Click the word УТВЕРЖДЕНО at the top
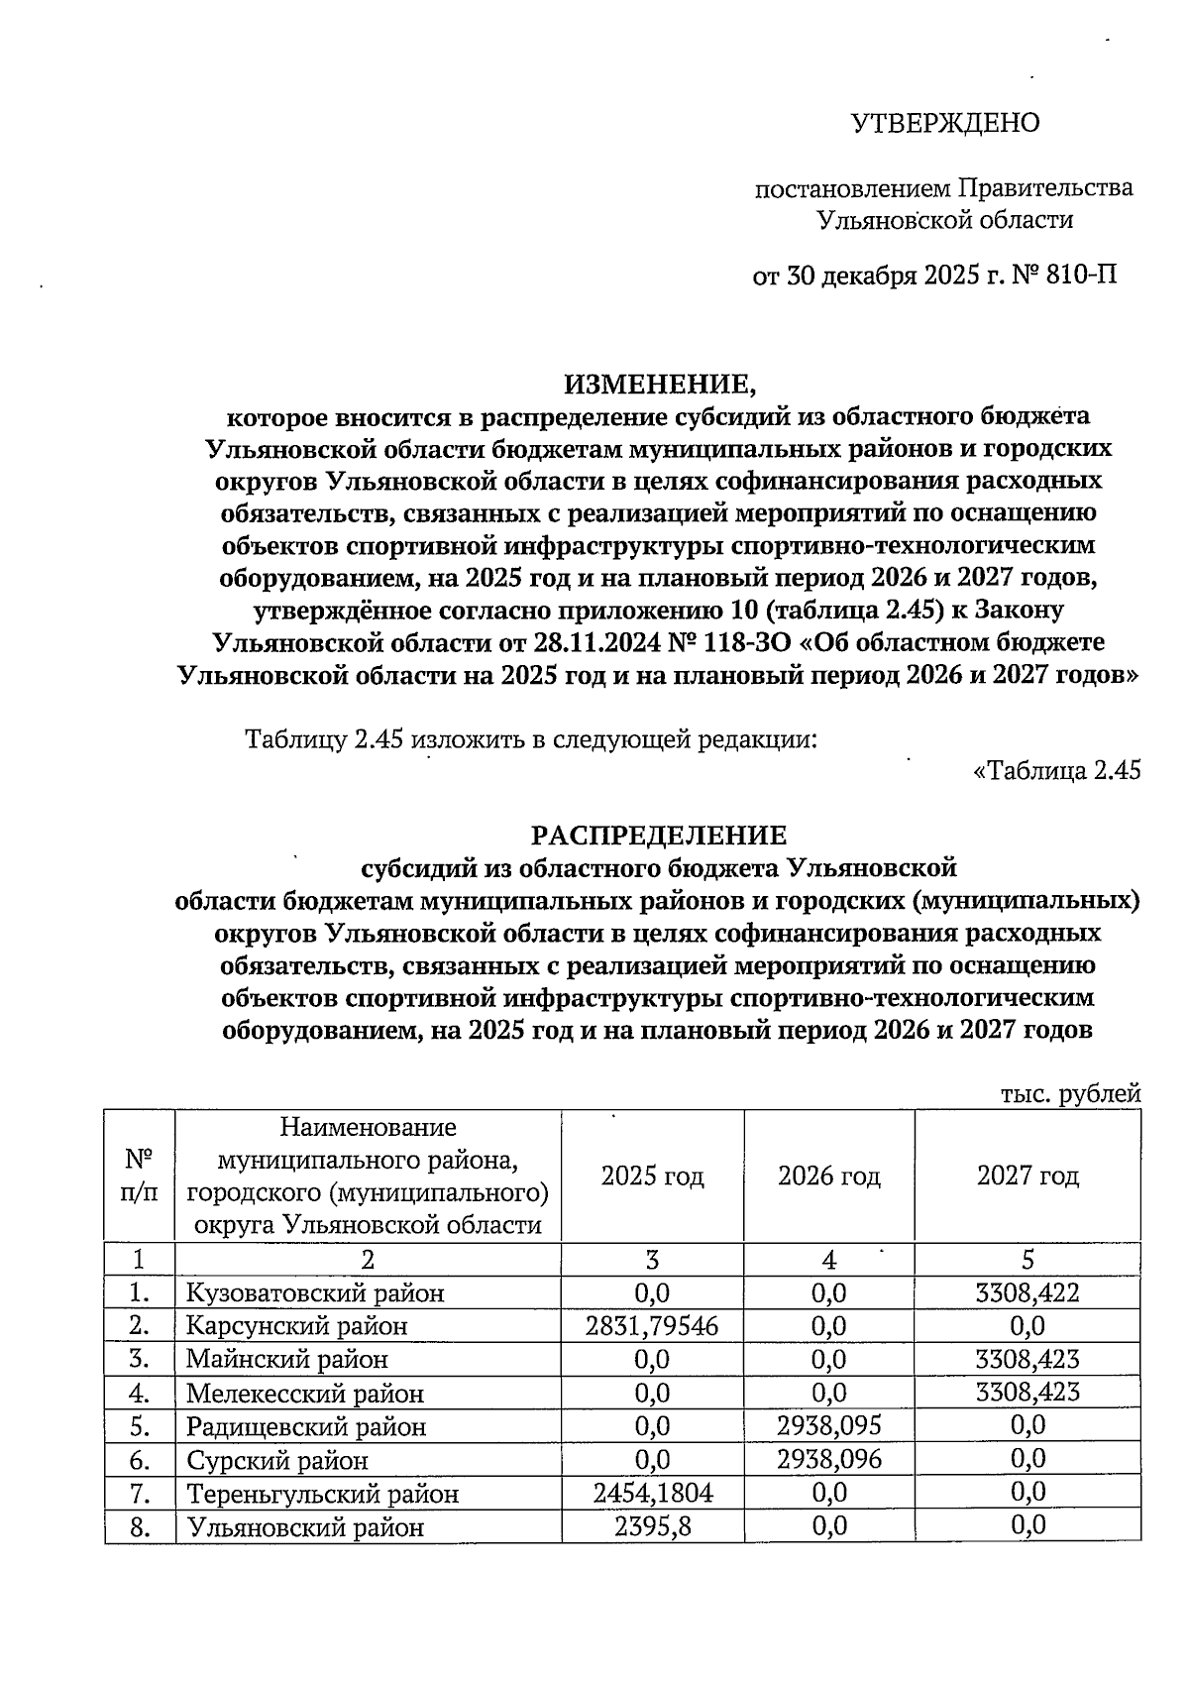pos(945,123)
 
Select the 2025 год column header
pos(652,1177)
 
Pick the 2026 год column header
pos(828,1177)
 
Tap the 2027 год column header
pos(1027,1177)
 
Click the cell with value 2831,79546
pos(652,1325)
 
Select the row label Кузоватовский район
pos(315,1292)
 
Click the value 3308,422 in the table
pos(1027,1291)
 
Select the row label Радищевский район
pos(306,1426)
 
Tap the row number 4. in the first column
pos(139,1393)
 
